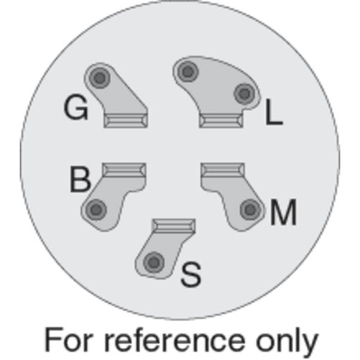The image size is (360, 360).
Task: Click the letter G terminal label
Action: tap(76, 107)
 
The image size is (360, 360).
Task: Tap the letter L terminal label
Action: tap(274, 112)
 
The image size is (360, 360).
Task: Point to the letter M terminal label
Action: tap(283, 212)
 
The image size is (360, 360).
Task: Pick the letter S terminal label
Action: tap(191, 274)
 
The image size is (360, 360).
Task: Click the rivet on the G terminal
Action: tap(99, 78)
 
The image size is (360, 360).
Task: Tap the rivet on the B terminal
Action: tap(96, 210)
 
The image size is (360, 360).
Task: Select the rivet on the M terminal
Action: tap(251, 210)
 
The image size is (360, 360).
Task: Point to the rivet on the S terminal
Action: tap(154, 263)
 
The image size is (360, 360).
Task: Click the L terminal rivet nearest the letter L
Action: tap(244, 94)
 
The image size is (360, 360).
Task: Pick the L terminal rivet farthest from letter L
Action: tap(188, 71)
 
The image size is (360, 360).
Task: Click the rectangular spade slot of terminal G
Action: tap(126, 121)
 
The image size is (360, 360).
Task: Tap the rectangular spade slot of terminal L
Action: tap(221, 121)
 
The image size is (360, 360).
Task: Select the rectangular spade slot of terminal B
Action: tap(124, 170)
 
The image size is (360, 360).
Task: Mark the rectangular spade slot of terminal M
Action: tap(222, 170)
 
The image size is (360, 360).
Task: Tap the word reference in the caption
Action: tap(175, 341)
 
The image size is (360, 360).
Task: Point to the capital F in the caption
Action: tap(53, 340)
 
